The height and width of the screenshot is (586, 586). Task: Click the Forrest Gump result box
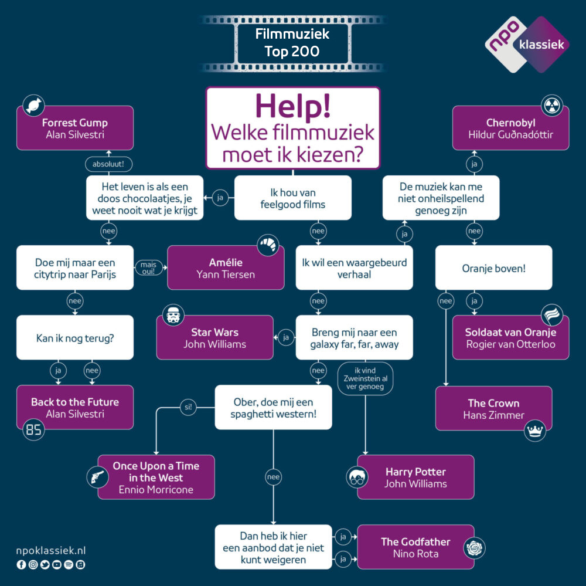click(x=75, y=128)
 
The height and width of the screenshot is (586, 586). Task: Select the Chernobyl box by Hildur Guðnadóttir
click(x=510, y=128)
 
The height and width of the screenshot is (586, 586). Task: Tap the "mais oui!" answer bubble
click(x=148, y=267)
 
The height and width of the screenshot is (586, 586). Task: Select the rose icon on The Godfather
click(x=473, y=548)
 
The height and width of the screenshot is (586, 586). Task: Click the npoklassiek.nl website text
click(x=52, y=551)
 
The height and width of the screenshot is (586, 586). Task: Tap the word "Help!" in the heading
click(x=292, y=106)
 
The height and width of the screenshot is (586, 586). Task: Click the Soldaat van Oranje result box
click(x=510, y=337)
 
